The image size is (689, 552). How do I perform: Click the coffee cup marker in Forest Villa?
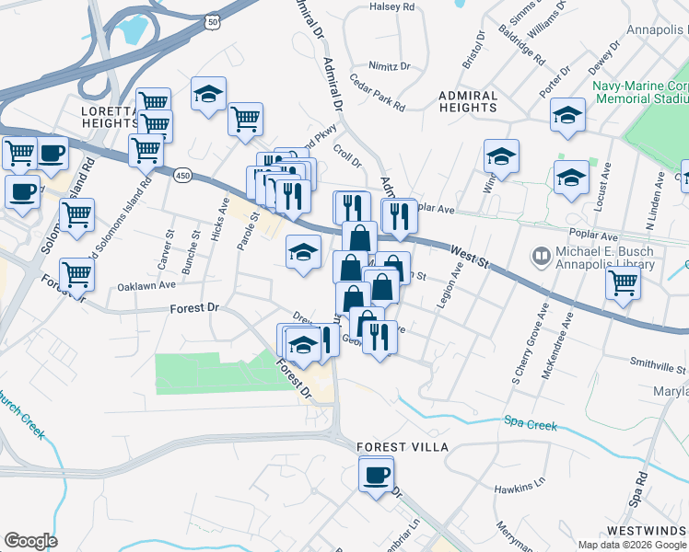(376, 476)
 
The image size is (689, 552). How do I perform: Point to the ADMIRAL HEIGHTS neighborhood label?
(468, 101)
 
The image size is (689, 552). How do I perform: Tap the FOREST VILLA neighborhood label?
(403, 447)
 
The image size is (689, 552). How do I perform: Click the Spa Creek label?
(531, 423)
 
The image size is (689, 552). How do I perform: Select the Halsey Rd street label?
(392, 6)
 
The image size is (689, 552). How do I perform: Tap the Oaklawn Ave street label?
(146, 286)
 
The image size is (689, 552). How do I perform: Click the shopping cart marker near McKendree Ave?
(624, 285)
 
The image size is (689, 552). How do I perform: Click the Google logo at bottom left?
(30, 541)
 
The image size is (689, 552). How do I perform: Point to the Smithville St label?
(658, 362)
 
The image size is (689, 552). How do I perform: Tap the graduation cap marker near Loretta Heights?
(209, 94)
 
